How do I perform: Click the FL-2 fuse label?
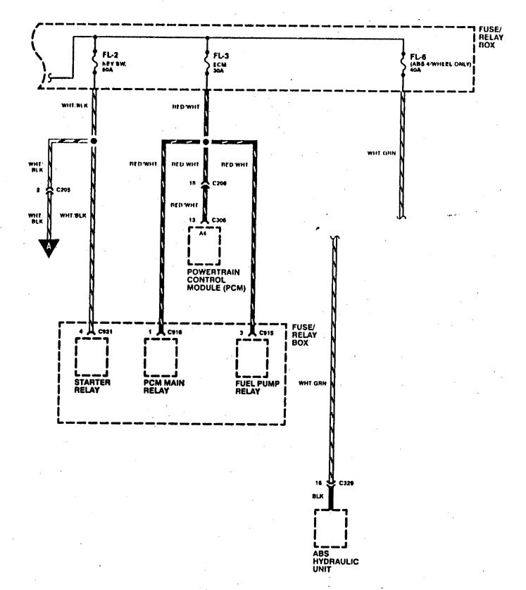tap(110, 54)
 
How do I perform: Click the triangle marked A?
tap(47, 248)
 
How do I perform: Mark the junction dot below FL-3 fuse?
tap(206, 141)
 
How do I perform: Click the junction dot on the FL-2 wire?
tap(94, 141)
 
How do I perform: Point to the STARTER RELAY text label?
tap(91, 388)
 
